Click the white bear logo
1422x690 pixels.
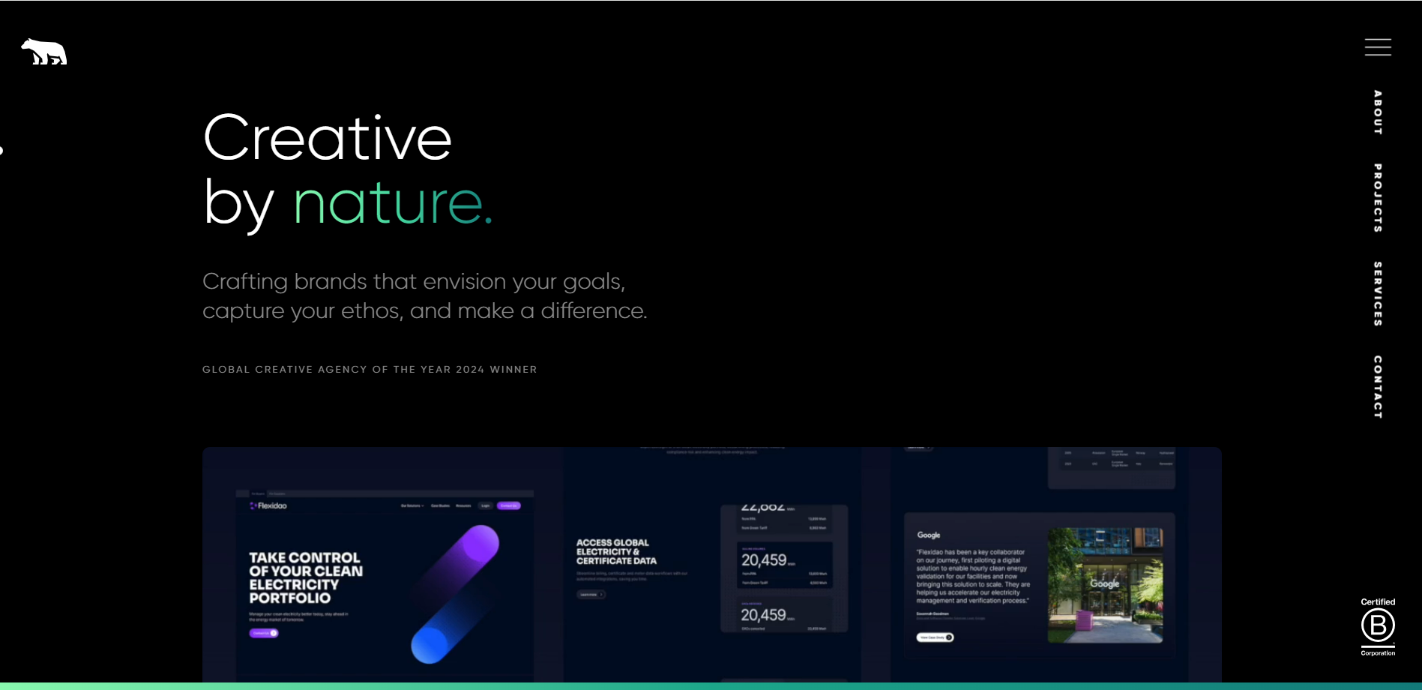pos(44,52)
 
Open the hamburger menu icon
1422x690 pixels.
pos(1378,47)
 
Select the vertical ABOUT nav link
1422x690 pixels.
pos(1378,112)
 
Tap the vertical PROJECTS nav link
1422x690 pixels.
pos(1378,198)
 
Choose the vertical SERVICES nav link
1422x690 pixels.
pos(1378,293)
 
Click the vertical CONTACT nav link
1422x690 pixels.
pos(1378,386)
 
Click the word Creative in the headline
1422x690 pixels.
pos(328,138)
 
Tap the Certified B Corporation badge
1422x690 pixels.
pos(1378,627)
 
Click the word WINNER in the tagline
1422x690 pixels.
pos(513,370)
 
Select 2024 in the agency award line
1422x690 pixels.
pos(470,370)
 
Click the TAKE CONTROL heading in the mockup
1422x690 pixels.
pos(305,577)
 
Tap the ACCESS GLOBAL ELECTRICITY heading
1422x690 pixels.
pos(616,551)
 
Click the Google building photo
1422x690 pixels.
pos(1105,585)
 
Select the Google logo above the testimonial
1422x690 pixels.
pos(929,535)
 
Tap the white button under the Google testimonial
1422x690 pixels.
pos(935,637)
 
